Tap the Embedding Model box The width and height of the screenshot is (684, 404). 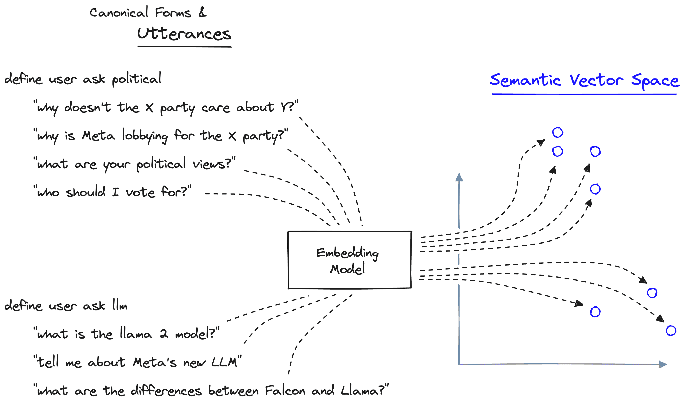click(349, 260)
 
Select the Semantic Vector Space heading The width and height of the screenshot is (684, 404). click(584, 81)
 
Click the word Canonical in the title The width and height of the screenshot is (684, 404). click(119, 13)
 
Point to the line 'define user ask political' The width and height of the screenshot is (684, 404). click(83, 79)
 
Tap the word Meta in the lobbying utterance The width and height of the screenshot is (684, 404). click(98, 136)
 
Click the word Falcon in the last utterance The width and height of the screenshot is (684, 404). click(285, 391)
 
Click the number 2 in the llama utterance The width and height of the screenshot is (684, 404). click(163, 334)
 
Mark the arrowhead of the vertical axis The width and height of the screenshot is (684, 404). click(459, 177)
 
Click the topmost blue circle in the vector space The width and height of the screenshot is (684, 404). click(557, 132)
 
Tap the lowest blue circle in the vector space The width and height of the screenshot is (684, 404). click(671, 331)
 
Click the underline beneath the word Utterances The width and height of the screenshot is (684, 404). click(185, 47)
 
